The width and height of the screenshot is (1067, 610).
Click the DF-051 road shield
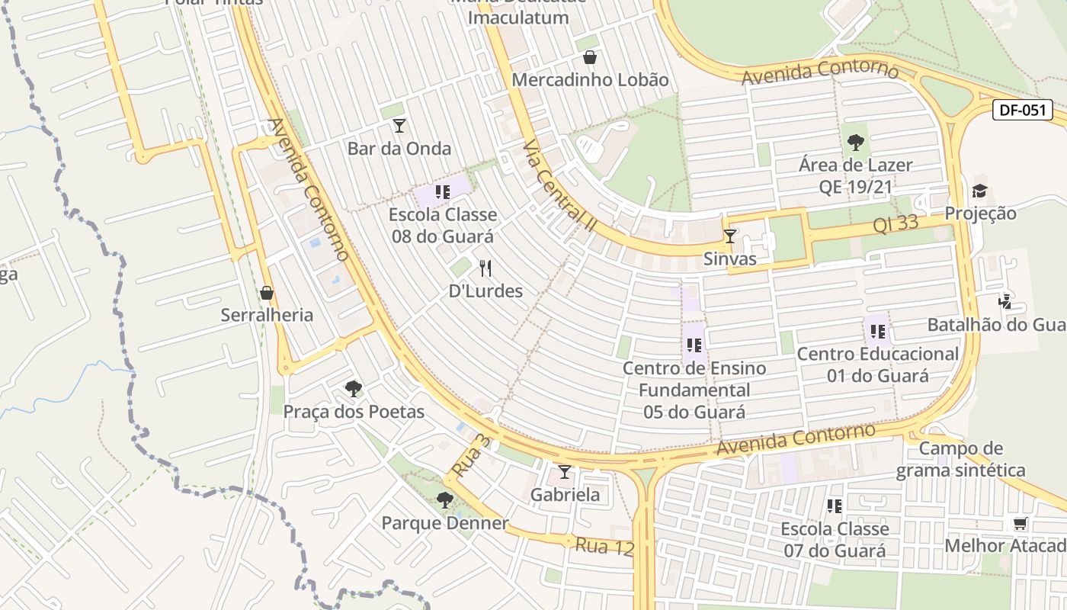[x=1023, y=110]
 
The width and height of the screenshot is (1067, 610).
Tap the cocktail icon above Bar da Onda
[x=399, y=126]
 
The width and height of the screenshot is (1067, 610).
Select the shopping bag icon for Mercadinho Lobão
[x=589, y=57]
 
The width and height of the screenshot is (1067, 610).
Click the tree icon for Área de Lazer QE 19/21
[x=855, y=142]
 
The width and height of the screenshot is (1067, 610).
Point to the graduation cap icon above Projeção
[x=979, y=191]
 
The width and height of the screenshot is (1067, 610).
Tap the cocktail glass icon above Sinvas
[x=729, y=236]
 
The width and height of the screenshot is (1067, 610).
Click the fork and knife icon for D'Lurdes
[x=485, y=268]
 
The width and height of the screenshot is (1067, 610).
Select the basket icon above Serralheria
[x=267, y=293]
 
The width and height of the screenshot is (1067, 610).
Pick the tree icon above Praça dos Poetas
[x=353, y=389]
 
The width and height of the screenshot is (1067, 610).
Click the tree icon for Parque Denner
[x=444, y=500]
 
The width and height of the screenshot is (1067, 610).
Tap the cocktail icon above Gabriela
[x=564, y=472]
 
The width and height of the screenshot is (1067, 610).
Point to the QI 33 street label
[x=896, y=225]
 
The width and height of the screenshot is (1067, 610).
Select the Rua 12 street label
[x=604, y=546]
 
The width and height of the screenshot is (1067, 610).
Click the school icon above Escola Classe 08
[x=442, y=192]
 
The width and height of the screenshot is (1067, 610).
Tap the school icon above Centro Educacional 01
[x=877, y=332]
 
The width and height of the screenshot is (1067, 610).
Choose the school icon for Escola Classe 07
[x=835, y=506]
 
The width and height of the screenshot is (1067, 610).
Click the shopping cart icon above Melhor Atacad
[x=1019, y=524]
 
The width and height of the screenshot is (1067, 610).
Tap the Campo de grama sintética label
[x=960, y=459]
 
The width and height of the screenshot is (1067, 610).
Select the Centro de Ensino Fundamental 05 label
[x=694, y=390]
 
